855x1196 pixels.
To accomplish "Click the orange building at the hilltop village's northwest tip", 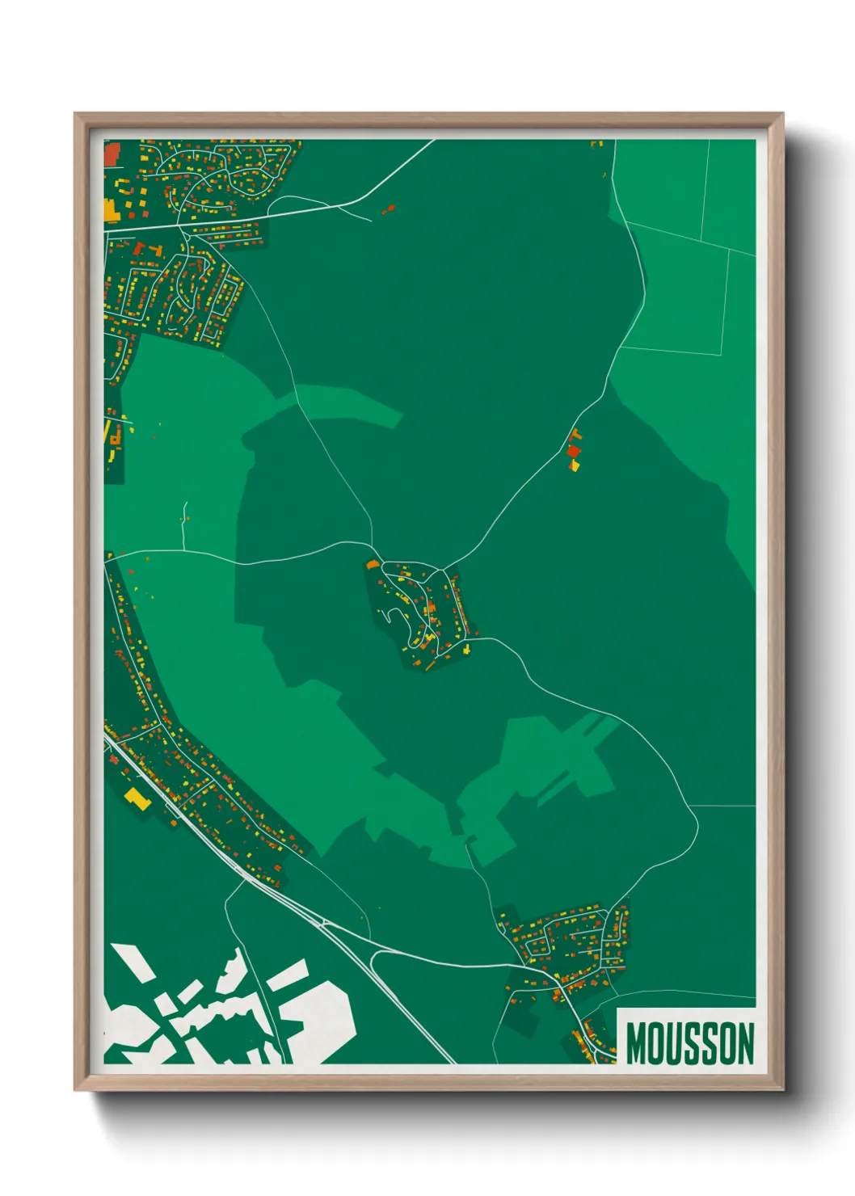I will click(373, 564).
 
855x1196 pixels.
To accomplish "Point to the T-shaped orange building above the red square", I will click(575, 436).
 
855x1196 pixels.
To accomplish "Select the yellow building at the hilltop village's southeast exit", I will click(466, 649).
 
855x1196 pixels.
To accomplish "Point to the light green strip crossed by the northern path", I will click(339, 404).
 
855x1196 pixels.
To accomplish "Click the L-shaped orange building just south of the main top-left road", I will click(141, 247).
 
